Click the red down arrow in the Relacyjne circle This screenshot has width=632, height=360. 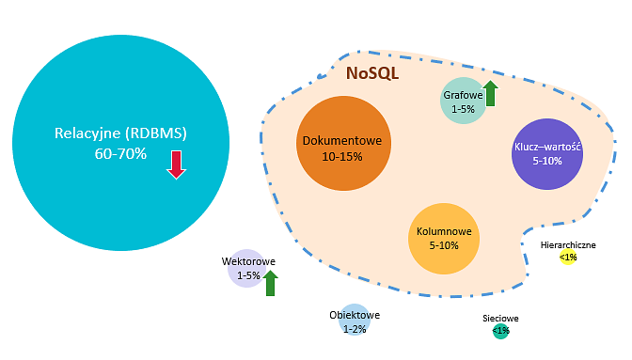[x=176, y=164]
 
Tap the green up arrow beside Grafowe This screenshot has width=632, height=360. [x=490, y=93]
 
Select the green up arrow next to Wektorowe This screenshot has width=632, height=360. [x=270, y=283]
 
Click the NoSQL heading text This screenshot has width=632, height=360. [x=372, y=73]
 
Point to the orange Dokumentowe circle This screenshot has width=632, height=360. [x=343, y=143]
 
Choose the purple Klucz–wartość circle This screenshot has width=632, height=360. [x=547, y=154]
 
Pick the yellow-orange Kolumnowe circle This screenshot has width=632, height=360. [x=444, y=239]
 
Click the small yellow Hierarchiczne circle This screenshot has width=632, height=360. [x=568, y=257]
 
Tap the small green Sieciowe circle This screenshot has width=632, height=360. [x=500, y=331]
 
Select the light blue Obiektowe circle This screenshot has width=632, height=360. [x=355, y=320]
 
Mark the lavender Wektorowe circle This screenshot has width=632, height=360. [x=247, y=268]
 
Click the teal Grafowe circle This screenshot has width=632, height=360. [x=464, y=101]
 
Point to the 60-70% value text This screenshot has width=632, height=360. [x=120, y=154]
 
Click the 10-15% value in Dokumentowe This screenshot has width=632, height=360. [x=342, y=157]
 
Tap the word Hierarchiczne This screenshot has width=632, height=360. [x=568, y=244]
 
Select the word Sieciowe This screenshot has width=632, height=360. [x=500, y=318]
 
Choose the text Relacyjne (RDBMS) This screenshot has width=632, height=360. [x=120, y=133]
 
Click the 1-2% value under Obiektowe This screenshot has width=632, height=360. [x=355, y=329]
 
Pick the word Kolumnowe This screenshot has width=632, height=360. [x=444, y=231]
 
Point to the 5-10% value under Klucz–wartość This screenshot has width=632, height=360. [x=547, y=161]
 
